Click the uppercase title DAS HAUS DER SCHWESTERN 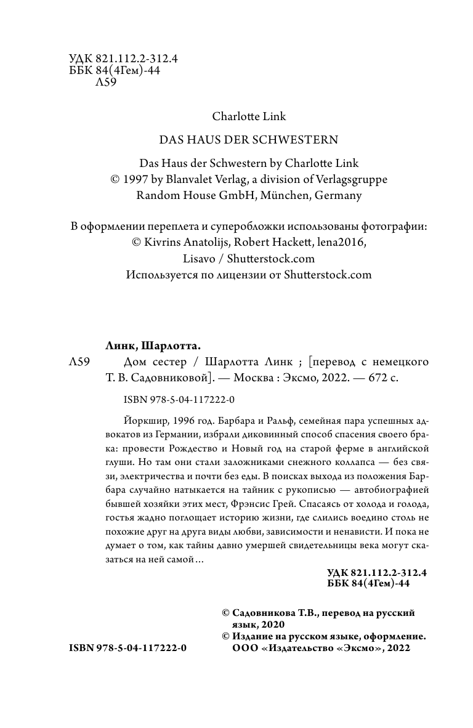coord(249,140)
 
